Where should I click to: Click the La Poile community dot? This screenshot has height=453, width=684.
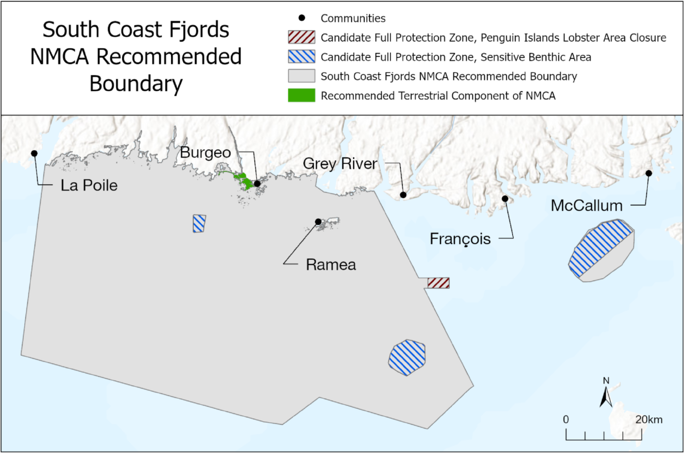coord(34,153)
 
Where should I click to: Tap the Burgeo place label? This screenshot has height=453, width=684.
coord(205,152)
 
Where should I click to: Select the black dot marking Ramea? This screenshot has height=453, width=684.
coord(318,222)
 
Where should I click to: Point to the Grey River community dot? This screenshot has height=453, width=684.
coord(403,195)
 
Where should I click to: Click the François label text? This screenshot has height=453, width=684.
coord(460,239)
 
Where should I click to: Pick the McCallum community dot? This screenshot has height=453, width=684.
coord(649,173)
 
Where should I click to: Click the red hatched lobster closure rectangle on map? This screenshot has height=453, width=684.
coord(438,283)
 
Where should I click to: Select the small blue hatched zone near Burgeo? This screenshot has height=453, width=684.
coord(199,223)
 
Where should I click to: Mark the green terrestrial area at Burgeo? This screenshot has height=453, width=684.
coord(242,181)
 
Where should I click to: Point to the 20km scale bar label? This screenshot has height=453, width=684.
coord(649,419)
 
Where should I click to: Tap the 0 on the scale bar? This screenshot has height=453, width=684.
coord(566,419)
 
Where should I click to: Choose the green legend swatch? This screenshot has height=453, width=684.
coord(301,95)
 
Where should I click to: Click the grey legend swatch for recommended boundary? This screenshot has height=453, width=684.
coord(301,76)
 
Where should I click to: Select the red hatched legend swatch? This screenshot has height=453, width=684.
coord(301,38)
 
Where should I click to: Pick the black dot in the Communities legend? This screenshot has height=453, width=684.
coord(301,18)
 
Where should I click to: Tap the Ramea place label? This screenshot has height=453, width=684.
coord(331,265)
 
